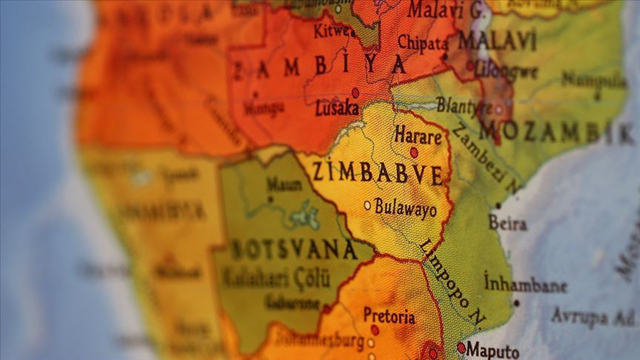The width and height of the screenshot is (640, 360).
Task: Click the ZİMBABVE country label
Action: point(377,173)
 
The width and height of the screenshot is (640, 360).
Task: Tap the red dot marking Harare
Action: point(414,152)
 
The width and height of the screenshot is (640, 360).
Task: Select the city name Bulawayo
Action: point(405,207)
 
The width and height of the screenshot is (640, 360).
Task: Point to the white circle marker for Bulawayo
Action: point(367,205)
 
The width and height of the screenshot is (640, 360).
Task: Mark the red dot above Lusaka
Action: point(355,92)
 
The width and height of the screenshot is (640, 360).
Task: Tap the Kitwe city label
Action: point(331,31)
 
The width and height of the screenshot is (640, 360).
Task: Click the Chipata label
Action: point(423,43)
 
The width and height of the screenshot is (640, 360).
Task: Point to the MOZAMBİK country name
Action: point(555,133)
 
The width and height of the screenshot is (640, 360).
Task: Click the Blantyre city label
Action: point(464,106)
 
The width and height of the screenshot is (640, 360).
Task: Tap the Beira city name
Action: point(507,223)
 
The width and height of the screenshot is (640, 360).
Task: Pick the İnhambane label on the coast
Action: point(525,285)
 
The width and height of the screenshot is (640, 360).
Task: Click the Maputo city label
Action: point(492,350)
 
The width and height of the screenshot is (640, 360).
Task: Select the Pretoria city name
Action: point(389,316)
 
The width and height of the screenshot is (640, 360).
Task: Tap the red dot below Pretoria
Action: point(374,330)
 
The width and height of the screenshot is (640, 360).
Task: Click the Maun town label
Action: point(284,184)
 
